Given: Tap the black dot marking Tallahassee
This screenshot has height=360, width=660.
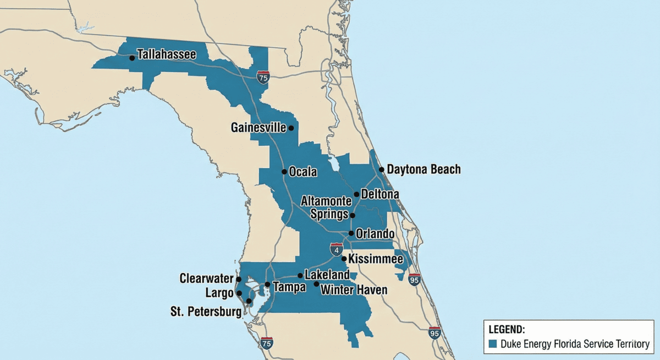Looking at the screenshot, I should pyautogui.click(x=132, y=57).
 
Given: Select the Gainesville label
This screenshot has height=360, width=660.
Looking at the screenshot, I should pyautogui.click(x=258, y=128).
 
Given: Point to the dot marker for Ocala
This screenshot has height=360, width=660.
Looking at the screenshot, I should pyautogui.click(x=284, y=171).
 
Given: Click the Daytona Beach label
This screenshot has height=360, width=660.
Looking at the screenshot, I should pyautogui.click(x=424, y=169).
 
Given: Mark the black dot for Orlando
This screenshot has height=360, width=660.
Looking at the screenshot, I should pyautogui.click(x=351, y=233).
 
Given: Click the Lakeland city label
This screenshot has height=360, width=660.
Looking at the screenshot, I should pyautogui.click(x=327, y=274).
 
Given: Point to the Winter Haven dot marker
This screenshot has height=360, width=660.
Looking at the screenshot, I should pyautogui.click(x=316, y=284).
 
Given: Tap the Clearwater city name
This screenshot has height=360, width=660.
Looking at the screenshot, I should pyautogui.click(x=206, y=279).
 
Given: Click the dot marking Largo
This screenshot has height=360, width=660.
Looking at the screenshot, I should pyautogui.click(x=239, y=293).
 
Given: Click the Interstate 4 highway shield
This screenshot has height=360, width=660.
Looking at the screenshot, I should pyautogui.click(x=336, y=250).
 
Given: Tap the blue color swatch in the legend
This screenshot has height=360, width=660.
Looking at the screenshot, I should pyautogui.click(x=493, y=344).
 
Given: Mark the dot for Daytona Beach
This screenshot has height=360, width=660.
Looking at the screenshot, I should pyautogui.click(x=381, y=170).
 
